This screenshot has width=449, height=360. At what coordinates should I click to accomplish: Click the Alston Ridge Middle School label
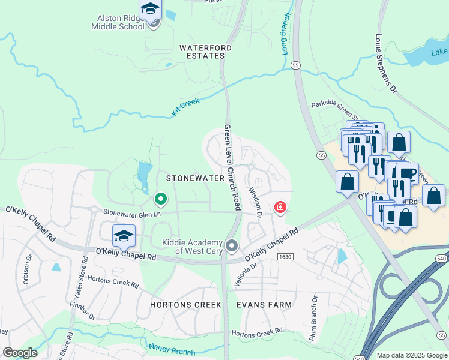[x=118, y=22]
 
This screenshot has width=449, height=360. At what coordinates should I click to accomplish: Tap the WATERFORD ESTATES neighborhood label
[x=202, y=51]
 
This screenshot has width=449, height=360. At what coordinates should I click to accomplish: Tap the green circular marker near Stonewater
[x=160, y=198]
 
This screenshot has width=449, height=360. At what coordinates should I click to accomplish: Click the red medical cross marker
[x=280, y=208]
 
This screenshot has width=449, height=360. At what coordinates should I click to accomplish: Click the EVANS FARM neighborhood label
[x=264, y=305]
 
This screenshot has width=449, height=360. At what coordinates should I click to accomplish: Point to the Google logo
[x=20, y=352]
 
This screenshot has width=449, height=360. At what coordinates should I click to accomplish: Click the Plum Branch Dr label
[x=313, y=318]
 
